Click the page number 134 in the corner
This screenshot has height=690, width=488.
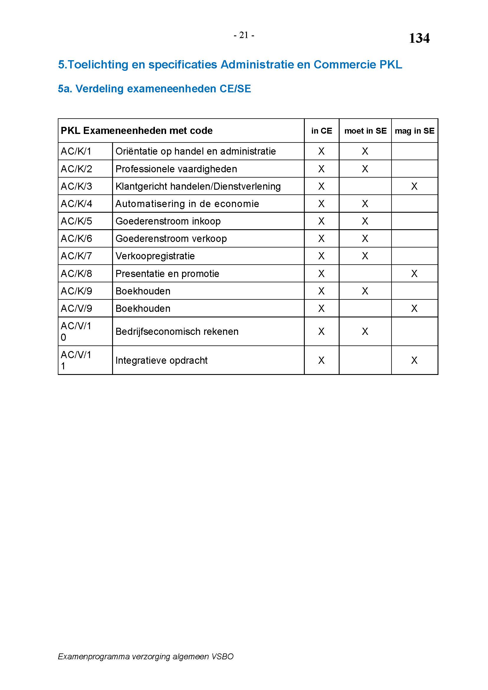click(x=419, y=38)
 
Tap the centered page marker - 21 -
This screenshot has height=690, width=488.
click(x=244, y=35)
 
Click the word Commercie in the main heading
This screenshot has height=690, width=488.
click(x=345, y=65)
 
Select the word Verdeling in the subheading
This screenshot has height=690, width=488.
click(x=99, y=89)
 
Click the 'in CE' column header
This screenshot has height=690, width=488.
click(x=322, y=131)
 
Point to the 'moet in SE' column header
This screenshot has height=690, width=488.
click(x=365, y=131)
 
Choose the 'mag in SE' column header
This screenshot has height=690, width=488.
click(x=414, y=131)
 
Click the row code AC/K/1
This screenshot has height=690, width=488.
click(x=76, y=151)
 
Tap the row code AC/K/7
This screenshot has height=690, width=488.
click(x=76, y=256)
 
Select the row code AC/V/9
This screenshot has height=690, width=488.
click(x=76, y=308)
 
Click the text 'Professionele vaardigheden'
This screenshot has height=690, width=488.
click(x=176, y=169)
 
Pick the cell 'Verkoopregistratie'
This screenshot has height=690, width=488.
click(x=155, y=256)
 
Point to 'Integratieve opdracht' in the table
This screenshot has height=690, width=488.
click(x=161, y=360)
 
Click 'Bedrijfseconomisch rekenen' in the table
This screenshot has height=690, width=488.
click(x=177, y=332)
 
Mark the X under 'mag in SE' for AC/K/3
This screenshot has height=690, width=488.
click(x=414, y=186)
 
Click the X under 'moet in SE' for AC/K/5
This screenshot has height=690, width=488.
click(x=365, y=221)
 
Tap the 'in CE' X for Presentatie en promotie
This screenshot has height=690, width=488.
click(x=322, y=273)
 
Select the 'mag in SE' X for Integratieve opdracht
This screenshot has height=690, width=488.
click(x=414, y=360)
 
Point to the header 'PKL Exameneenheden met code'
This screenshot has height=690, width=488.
click(x=137, y=131)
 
